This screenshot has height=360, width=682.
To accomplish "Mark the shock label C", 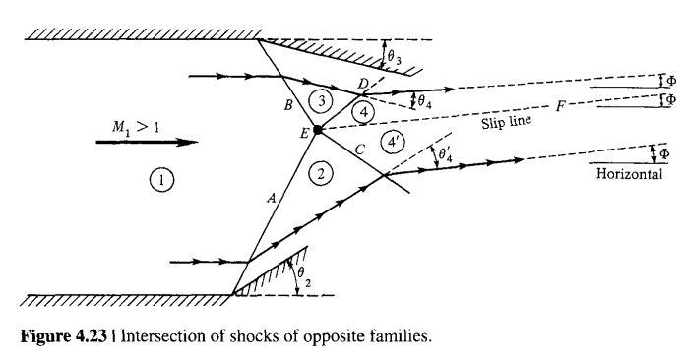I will pos(359,149).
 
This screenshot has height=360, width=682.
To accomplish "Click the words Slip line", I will pos(506,125).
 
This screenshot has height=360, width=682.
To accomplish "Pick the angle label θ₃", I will pos(394,58).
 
